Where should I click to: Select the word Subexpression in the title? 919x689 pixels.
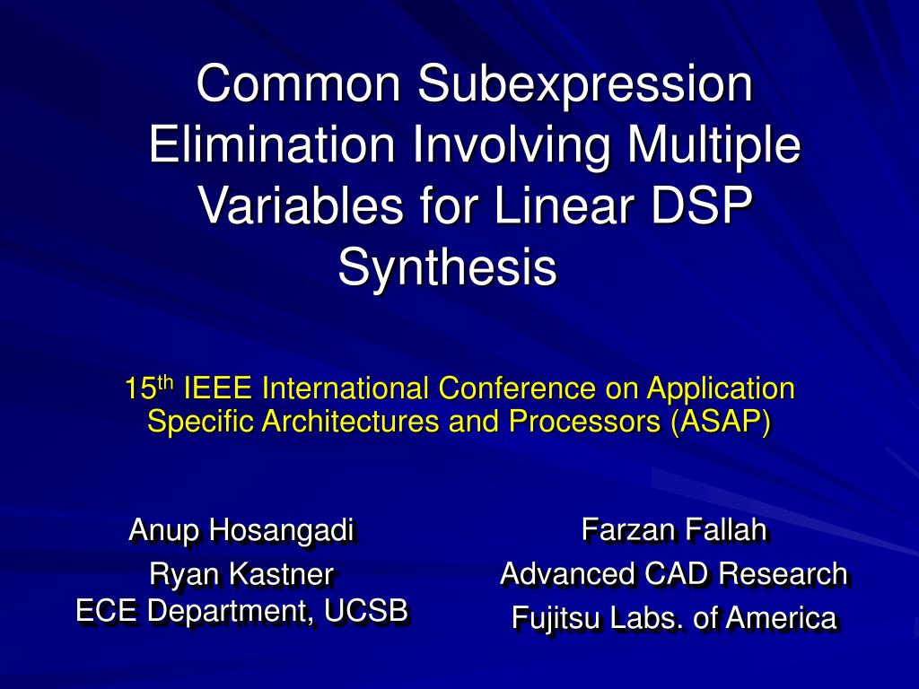point(584,84)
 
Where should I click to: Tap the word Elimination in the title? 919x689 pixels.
point(270,145)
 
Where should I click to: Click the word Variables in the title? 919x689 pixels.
point(300,205)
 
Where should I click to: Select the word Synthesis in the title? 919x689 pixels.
point(447,267)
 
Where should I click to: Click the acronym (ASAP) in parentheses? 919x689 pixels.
point(720,422)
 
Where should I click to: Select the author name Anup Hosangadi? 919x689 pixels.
point(242,530)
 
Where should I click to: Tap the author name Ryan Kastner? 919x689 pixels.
point(242,572)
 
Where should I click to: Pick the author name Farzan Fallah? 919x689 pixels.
point(674,530)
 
